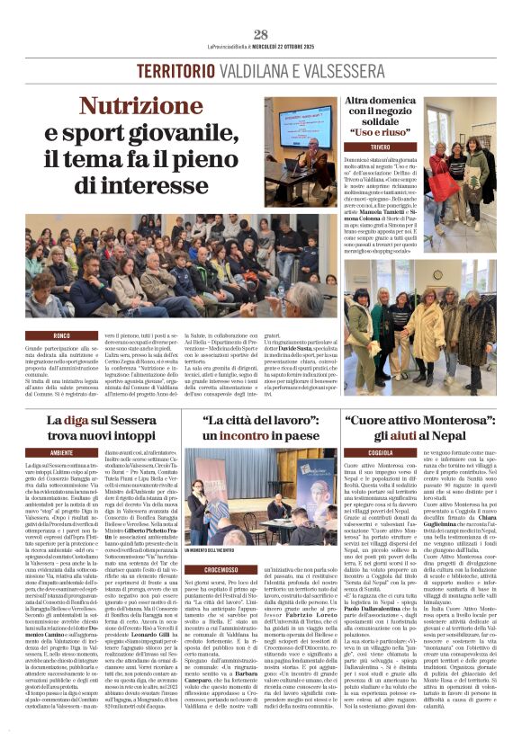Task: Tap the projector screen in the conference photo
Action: tap(302, 126)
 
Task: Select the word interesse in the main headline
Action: tap(179, 185)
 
